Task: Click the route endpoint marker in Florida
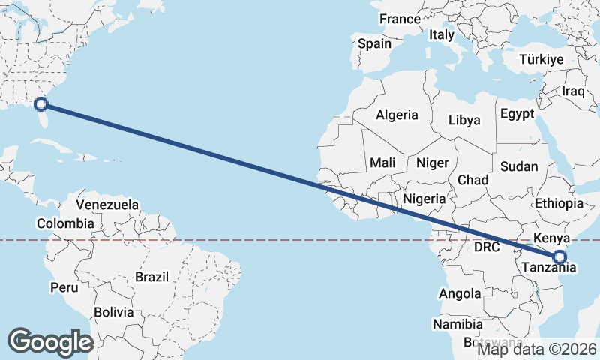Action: point(42,105)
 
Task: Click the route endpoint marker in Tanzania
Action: point(559,257)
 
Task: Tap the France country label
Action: point(399,19)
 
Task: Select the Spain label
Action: point(374,43)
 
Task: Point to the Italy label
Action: point(442,34)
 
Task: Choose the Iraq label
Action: point(573,91)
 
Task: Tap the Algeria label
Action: point(397,115)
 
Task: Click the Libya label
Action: point(464,120)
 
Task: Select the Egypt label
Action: point(517,114)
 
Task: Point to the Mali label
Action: point(382,163)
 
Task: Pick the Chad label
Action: point(472,180)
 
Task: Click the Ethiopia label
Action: point(559,203)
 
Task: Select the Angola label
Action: point(460,293)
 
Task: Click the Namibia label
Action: point(457,324)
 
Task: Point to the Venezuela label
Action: point(108,205)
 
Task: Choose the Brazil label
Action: point(152,277)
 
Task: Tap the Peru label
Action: point(64,287)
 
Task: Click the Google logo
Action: point(51,342)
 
